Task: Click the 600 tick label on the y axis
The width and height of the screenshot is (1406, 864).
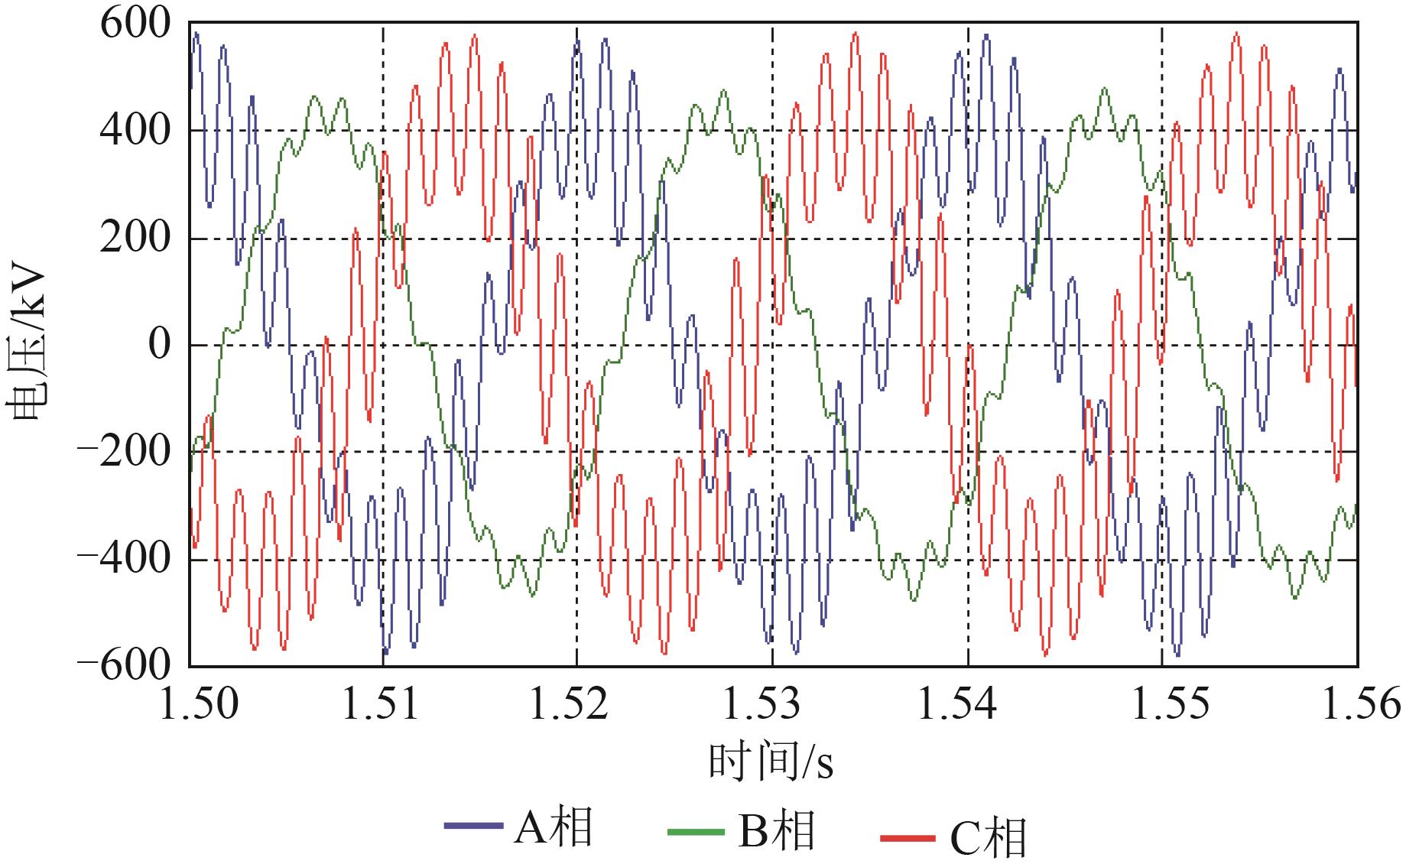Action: point(135,24)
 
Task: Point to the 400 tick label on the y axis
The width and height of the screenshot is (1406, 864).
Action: point(135,131)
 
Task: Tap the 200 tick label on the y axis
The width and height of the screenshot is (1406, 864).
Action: point(135,238)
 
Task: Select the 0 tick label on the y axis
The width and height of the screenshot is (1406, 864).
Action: point(159,345)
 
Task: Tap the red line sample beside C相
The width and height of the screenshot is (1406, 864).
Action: point(908,838)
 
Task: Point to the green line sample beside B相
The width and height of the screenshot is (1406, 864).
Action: point(696,830)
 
